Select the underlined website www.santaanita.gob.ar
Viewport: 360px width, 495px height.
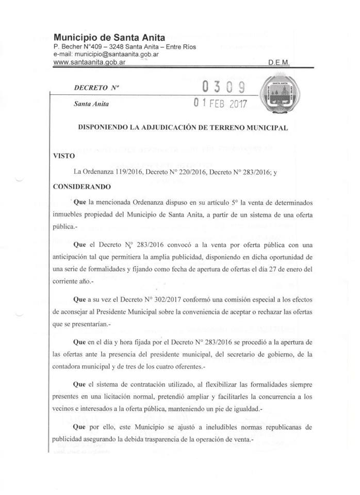point(90,62)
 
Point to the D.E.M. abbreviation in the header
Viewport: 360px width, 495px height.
point(279,62)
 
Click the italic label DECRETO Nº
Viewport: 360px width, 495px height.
point(96,88)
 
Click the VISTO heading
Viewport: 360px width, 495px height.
point(64,155)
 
